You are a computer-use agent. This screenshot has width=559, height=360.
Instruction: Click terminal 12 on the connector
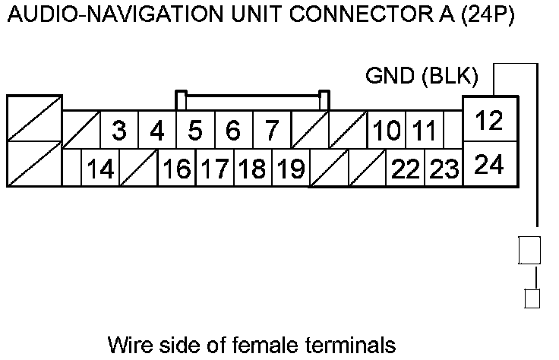pos(490,121)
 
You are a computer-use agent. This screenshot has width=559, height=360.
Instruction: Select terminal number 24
pos(490,164)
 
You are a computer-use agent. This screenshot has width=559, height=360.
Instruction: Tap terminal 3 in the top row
pos(118,131)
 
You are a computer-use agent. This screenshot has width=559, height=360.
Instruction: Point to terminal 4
pos(157,131)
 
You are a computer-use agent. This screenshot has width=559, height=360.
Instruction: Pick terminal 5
pos(195,131)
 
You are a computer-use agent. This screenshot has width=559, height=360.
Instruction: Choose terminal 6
pos(233,131)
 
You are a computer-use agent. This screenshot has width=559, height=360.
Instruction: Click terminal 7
pos(271,131)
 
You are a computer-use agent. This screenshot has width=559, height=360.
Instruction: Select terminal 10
pos(387,131)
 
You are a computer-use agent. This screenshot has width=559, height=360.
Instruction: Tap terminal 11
pos(422,131)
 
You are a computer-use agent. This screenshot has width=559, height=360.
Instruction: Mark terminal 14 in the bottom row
pos(99,169)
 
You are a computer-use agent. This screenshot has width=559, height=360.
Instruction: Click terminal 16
pos(177,169)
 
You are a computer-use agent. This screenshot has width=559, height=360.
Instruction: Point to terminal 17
pos(215,169)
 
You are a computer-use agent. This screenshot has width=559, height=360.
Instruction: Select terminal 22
pos(406,169)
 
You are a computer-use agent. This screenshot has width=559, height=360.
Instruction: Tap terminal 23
pos(444,169)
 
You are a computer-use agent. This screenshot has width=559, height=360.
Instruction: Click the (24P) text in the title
pos(487,15)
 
